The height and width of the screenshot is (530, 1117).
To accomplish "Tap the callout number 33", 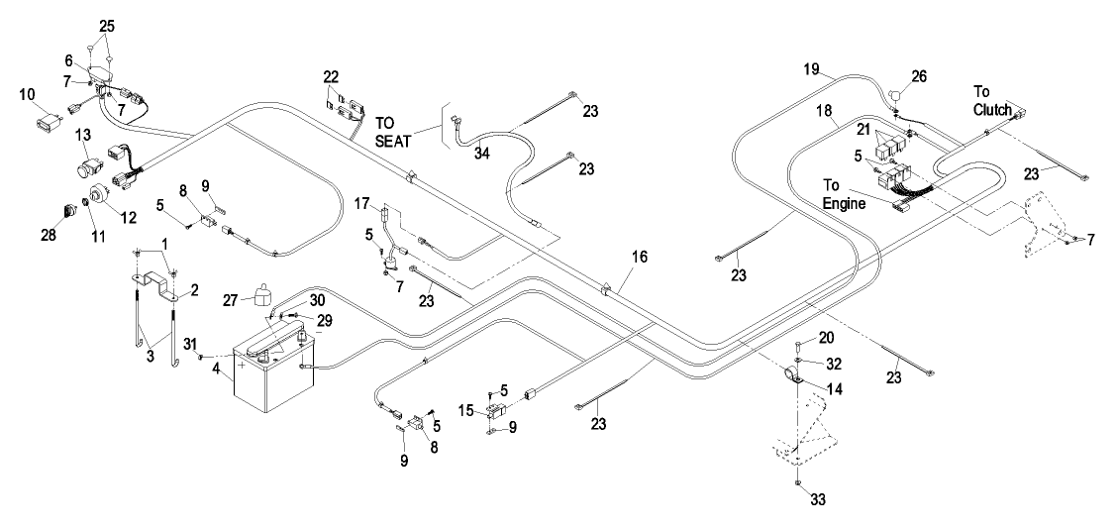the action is click(x=818, y=500).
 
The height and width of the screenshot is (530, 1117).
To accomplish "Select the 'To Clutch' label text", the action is click(x=993, y=100).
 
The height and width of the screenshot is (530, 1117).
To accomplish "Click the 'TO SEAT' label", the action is click(x=393, y=133).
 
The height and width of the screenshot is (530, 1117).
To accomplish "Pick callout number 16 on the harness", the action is click(x=640, y=257).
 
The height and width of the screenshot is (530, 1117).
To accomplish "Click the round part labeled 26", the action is click(x=896, y=92).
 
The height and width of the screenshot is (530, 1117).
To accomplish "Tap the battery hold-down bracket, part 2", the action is click(x=158, y=286).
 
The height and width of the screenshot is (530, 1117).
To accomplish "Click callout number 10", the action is click(x=27, y=94).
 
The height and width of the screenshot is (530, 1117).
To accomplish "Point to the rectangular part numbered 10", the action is click(x=49, y=123).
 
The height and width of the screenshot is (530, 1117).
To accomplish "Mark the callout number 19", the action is click(x=812, y=69).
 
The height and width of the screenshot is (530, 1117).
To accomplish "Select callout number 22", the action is click(x=332, y=76).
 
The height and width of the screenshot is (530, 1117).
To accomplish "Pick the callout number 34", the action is click(x=482, y=154).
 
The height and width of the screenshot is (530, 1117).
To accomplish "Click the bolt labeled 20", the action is click(x=798, y=349).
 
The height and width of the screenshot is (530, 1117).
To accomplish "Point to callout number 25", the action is click(x=107, y=27).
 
